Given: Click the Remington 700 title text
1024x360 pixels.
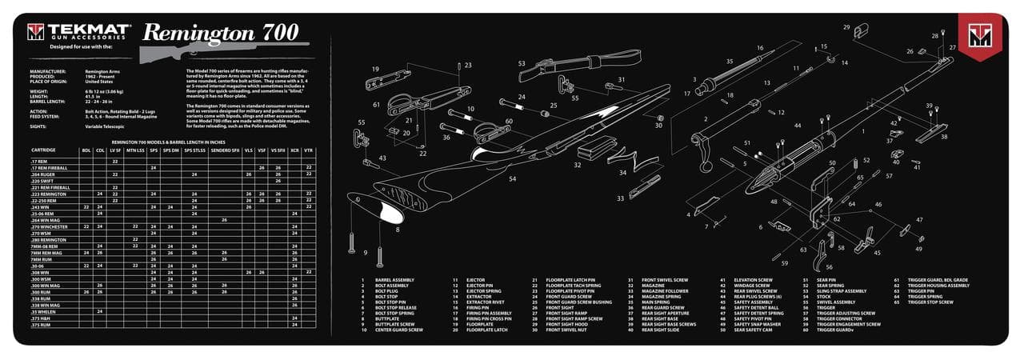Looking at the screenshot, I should coord(220,33).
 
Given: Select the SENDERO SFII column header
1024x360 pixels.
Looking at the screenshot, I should coord(224,150).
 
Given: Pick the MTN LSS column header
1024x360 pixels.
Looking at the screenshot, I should coord(136,150).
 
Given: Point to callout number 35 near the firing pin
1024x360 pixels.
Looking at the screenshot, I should coord(729,61).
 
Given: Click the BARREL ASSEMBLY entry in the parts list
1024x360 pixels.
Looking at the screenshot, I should coord(394,280).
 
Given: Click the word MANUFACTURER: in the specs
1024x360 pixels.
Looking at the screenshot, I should coord(49,70).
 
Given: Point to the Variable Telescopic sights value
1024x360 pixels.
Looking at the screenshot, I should coord(107,126).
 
